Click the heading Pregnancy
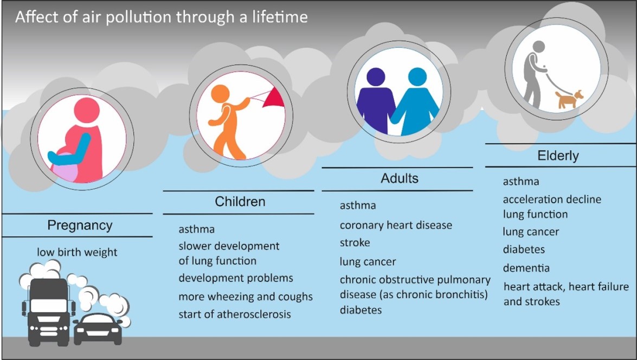[80, 226]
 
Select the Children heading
[240, 202]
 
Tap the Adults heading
[400, 178]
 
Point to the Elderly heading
[558, 156]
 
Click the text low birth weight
[77, 252]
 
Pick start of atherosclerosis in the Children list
[235, 314]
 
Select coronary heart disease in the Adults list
[396, 225]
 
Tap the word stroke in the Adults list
[355, 242]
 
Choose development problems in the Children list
[236, 278]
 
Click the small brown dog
[569, 99]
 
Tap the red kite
[274, 99]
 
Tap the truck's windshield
[49, 305]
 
